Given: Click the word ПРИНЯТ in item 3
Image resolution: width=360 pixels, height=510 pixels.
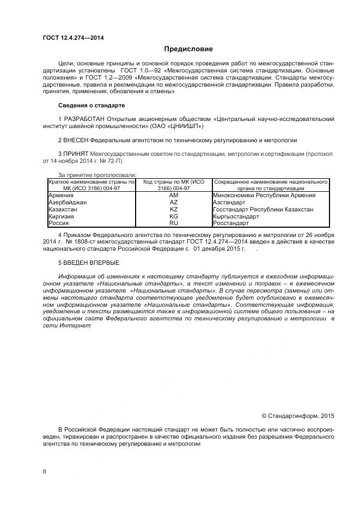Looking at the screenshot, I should [77, 154].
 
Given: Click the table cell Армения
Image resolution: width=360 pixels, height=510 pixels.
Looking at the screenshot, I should [60, 195].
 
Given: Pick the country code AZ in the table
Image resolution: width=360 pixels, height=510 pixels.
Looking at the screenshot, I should [174, 202].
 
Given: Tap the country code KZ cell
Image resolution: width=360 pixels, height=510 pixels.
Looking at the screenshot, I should [174, 209].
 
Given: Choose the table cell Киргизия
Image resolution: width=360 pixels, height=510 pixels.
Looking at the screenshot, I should [61, 216].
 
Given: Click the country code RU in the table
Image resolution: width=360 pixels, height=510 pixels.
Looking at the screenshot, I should [174, 223].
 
